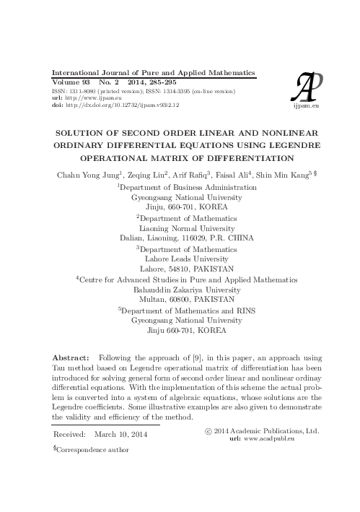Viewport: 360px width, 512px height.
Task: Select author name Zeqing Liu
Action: [x=145, y=174]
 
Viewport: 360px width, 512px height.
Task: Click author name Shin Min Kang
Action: [x=293, y=174]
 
